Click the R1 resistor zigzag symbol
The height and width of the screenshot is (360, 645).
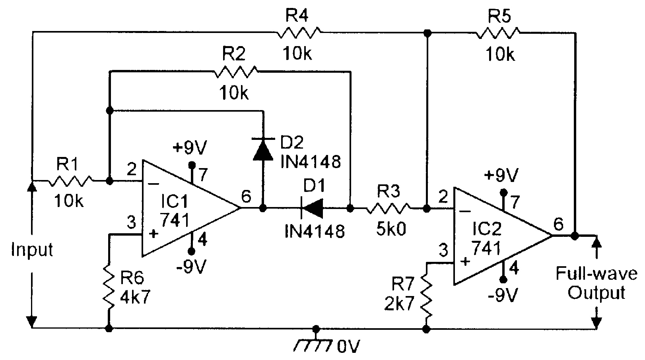pos(71,181)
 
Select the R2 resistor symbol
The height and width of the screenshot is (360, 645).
pos(235,72)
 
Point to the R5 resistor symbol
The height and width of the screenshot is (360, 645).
pos(498,33)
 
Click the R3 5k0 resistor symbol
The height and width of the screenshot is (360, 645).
pos(389,208)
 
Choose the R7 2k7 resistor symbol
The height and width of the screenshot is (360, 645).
pos(427,295)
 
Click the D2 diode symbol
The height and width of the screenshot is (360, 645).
pos(263,149)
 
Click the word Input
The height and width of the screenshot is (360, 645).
pos(32,250)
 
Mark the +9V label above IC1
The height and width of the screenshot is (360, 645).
pos(190,148)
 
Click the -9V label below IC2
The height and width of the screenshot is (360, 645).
pos(503,295)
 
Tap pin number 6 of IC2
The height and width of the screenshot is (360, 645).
pos(558,225)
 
